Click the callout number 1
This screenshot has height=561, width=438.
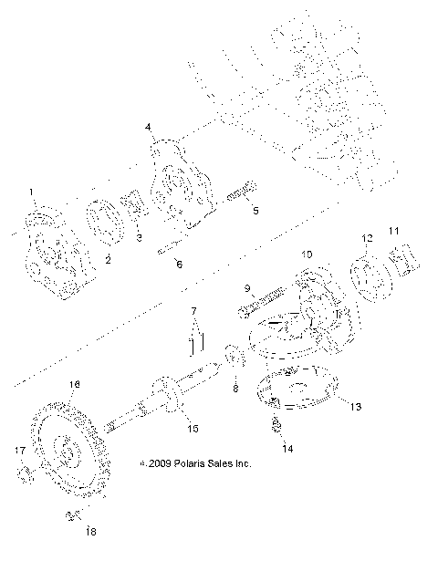pyautogui.click(x=31, y=192)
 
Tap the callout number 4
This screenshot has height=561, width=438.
pyautogui.click(x=148, y=129)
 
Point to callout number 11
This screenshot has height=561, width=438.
pyautogui.click(x=396, y=231)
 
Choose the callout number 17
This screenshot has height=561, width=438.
pyautogui.click(x=19, y=450)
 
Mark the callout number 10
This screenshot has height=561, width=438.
pyautogui.click(x=307, y=254)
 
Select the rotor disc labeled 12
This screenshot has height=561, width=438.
pyautogui.click(x=369, y=280)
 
